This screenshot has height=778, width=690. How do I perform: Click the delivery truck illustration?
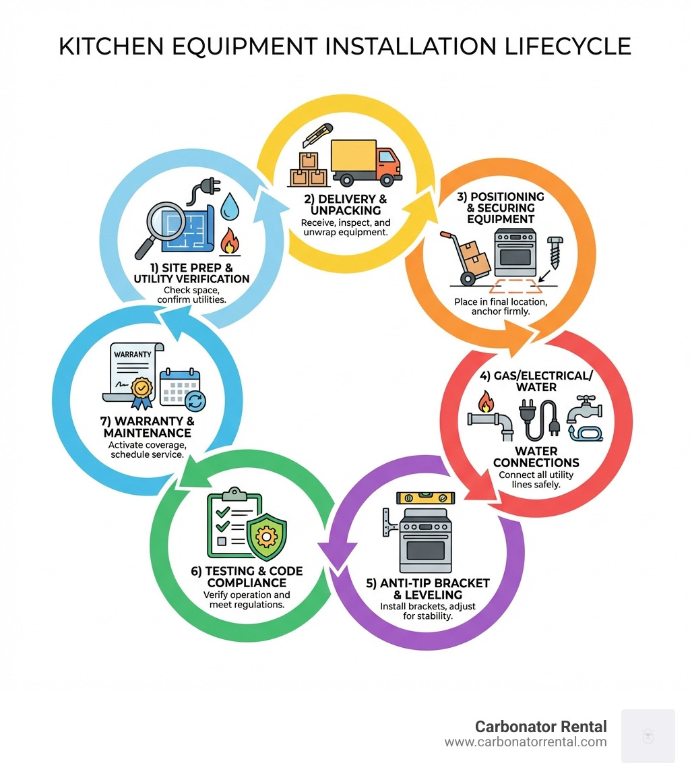tap(367, 162)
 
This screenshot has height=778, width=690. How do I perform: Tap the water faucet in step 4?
tap(584, 418)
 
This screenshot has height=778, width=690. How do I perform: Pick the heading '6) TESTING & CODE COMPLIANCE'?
tap(247, 576)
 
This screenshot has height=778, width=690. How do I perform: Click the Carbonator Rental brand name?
tap(540, 727)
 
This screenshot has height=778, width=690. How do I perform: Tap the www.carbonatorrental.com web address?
tap(526, 742)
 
